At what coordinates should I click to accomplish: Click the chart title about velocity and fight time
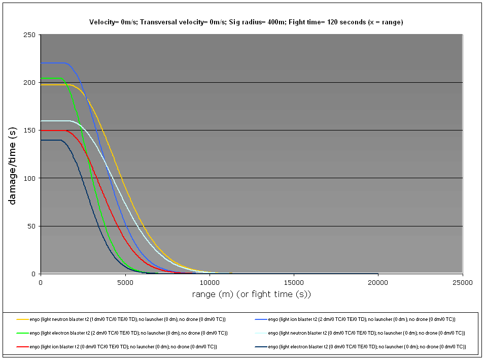click(246, 22)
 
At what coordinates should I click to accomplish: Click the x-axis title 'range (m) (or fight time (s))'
click(251, 294)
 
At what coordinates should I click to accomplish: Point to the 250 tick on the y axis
click(30, 35)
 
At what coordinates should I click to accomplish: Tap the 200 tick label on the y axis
click(30, 82)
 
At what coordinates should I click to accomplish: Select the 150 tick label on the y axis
click(30, 130)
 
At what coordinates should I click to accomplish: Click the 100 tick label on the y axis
click(30, 178)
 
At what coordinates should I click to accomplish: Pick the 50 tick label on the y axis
click(32, 226)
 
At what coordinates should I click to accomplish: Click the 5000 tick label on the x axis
click(125, 282)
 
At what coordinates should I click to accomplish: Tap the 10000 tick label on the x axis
click(209, 282)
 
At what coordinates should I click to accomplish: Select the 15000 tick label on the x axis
click(293, 282)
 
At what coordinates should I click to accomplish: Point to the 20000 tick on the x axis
click(377, 282)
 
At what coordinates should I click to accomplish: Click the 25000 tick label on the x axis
click(462, 282)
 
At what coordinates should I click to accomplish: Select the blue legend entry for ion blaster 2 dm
click(361, 319)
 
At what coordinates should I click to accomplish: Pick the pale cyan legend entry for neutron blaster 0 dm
click(366, 333)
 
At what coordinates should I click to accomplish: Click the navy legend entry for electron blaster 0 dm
click(366, 346)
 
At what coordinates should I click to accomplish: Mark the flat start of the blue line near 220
click(51, 63)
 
